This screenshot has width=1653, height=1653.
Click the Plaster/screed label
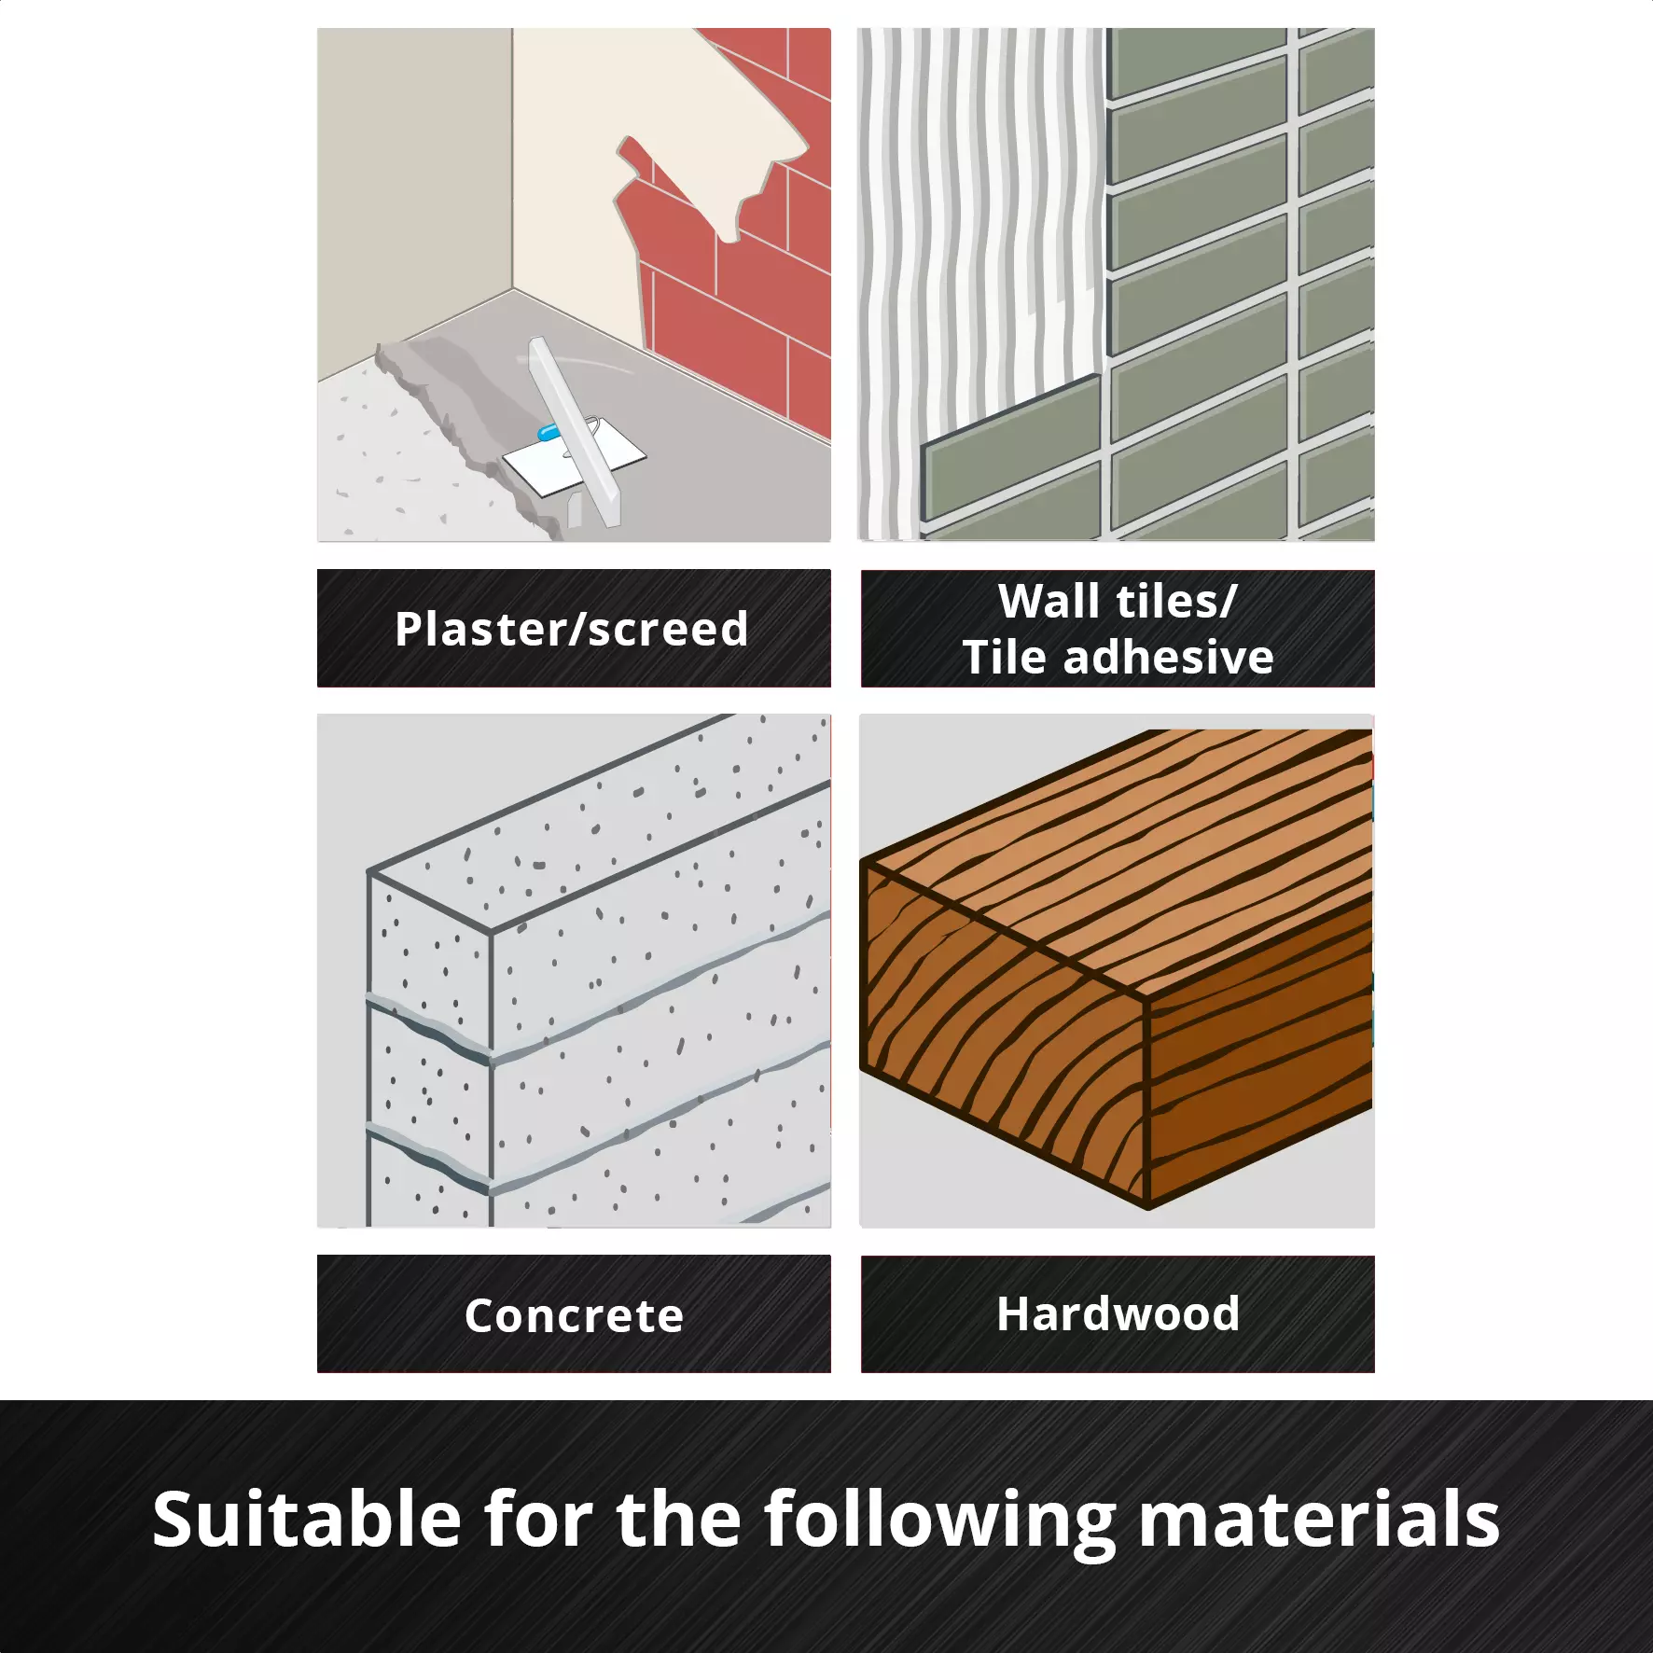572,630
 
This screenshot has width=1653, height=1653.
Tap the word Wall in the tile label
1049,601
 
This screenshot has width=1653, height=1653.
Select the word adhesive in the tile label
1169,657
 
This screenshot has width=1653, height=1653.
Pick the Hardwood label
1118,1313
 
